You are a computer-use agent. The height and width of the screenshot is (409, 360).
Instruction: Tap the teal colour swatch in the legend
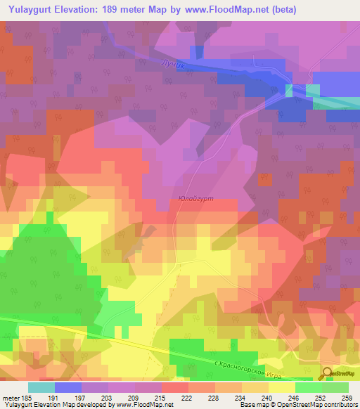coord(41,387)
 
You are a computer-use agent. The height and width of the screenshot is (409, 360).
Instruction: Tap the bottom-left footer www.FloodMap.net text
coord(141,404)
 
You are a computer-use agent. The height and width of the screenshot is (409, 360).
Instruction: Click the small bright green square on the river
coord(289,89)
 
